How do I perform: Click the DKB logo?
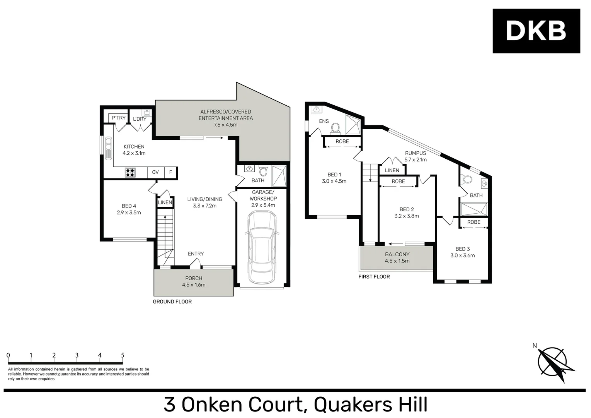(536, 31)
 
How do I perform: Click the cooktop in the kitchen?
(130, 172)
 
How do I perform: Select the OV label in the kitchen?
(155, 172)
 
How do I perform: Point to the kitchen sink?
(107, 148)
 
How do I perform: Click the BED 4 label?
(129, 206)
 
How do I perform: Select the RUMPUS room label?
(416, 153)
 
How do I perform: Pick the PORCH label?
(194, 278)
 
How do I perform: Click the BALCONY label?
(397, 254)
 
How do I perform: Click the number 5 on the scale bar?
(123, 355)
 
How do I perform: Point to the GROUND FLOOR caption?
(172, 302)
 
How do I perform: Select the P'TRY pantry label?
(119, 118)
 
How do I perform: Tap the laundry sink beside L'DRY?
(147, 113)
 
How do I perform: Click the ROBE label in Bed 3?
(473, 222)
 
